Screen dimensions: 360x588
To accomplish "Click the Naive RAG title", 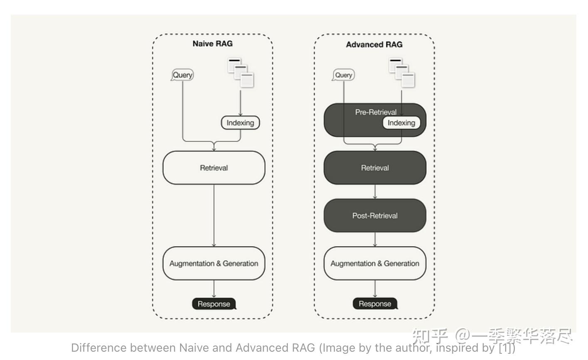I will point(212,44).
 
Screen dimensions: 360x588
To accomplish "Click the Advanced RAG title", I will point(374,44).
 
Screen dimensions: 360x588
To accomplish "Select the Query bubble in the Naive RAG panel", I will point(183,75).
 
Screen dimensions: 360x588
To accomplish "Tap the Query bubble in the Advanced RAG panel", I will point(343,75).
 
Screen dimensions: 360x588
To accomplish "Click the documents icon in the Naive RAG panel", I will point(241,73).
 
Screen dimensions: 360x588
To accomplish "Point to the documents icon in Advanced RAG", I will point(402,73).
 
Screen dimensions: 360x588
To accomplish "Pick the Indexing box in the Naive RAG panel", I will point(240,123).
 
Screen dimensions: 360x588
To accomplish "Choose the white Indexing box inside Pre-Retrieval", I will point(401,123).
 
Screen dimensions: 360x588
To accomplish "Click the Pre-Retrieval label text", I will point(376,112).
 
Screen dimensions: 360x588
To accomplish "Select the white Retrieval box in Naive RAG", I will point(214,168).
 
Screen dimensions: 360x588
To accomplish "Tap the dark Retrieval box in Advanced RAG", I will point(375,168).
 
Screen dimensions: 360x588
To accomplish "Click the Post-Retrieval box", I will point(375,215).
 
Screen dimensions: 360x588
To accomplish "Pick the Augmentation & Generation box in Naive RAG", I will point(214,263).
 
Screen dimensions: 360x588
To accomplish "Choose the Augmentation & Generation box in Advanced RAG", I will point(375,263).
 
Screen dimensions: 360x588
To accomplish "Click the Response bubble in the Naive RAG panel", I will point(214,304).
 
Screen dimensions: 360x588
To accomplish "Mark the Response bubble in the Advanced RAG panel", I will point(375,304).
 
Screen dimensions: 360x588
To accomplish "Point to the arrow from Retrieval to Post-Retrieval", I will point(375,192).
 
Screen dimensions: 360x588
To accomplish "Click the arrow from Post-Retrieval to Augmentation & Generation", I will point(375,239).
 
